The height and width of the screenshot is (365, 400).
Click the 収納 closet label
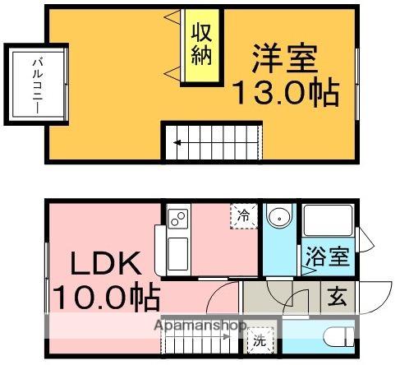(x=201, y=45)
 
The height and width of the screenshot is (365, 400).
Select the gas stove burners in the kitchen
(x=177, y=219)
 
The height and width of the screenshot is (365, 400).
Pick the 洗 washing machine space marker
(x=260, y=336)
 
